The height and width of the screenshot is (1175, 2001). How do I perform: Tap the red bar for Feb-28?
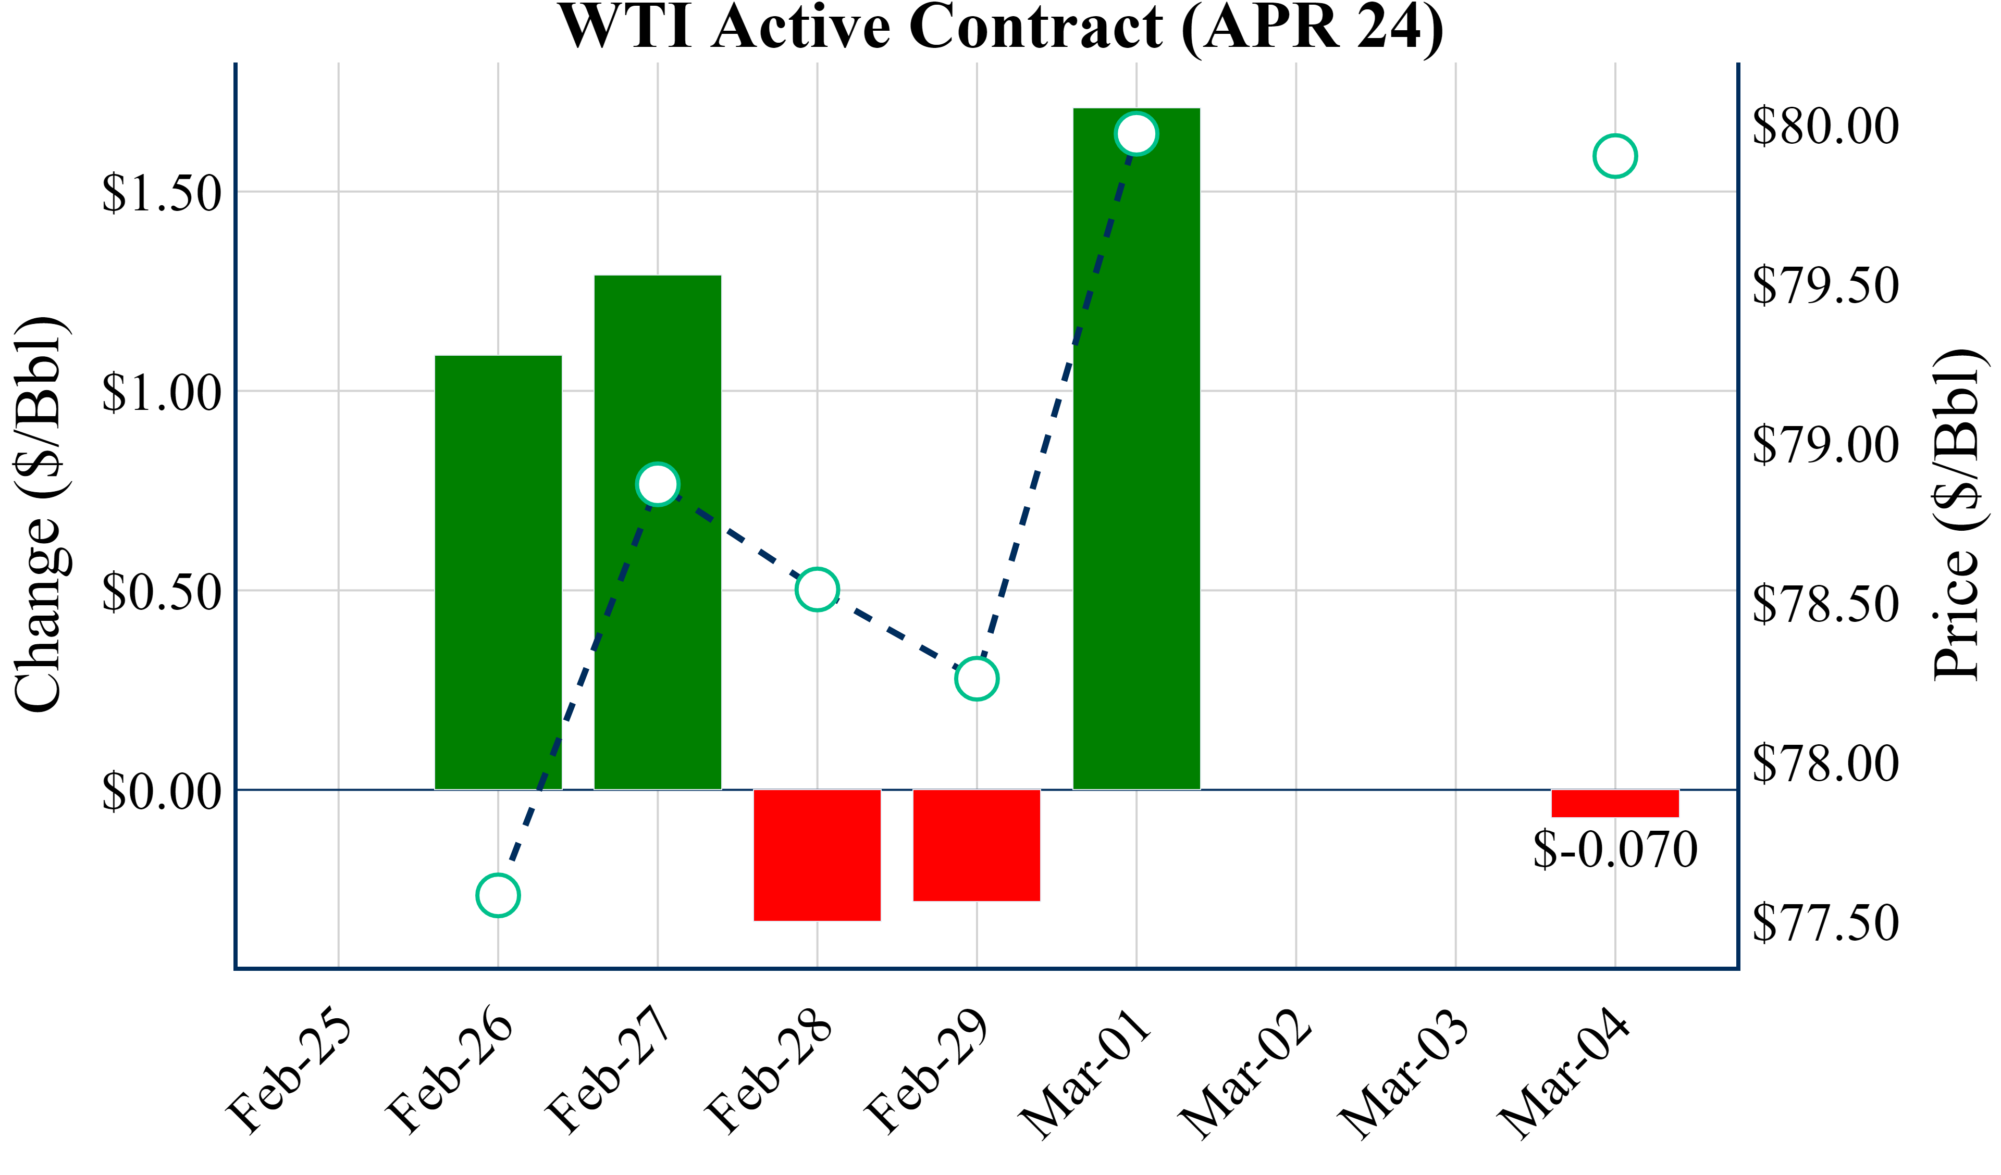coord(817,855)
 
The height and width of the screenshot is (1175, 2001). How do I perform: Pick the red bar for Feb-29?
coord(977,845)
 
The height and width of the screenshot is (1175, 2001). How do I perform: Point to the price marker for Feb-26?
coord(498,895)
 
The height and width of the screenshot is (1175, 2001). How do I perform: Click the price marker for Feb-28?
coord(817,589)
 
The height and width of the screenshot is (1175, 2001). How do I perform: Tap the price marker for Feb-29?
coord(977,679)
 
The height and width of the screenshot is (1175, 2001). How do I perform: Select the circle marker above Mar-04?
coord(1615,156)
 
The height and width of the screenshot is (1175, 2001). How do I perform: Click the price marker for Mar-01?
coord(1137,133)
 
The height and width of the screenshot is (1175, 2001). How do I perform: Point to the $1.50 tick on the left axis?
coord(161,193)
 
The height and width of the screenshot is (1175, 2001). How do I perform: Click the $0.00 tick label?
coord(161,792)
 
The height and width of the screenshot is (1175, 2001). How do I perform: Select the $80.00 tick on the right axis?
coord(1825,126)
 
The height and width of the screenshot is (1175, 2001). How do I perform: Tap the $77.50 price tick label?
coord(1825,922)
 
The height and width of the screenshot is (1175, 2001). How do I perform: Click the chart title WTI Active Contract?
coord(1000,27)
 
